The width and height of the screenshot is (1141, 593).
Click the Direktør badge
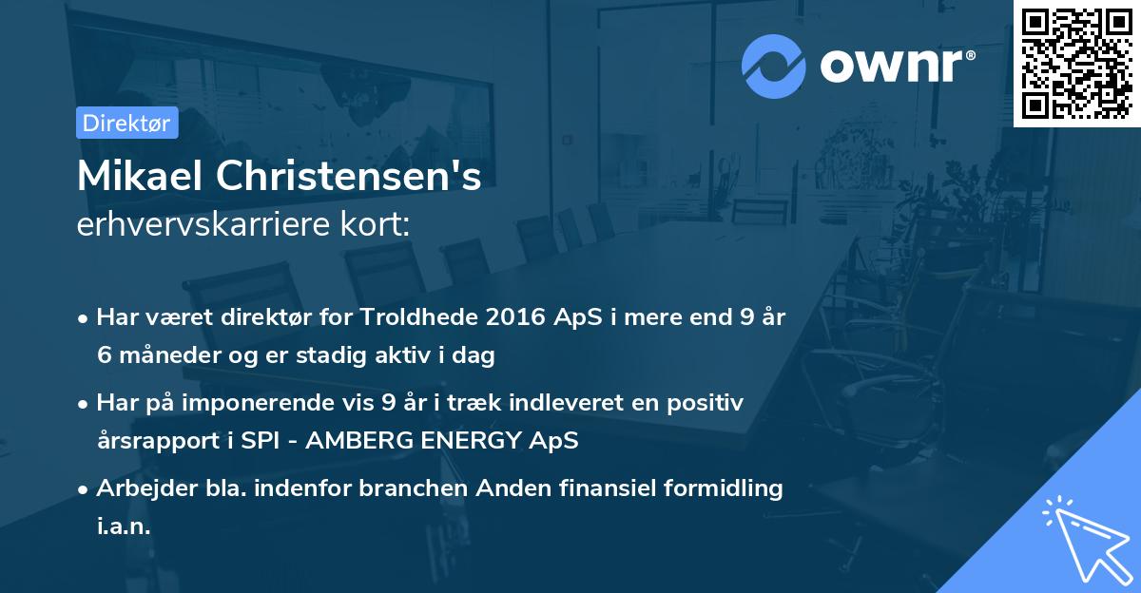point(126,123)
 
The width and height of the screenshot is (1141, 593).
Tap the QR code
point(1076,63)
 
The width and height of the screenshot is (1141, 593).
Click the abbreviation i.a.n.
point(124,526)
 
